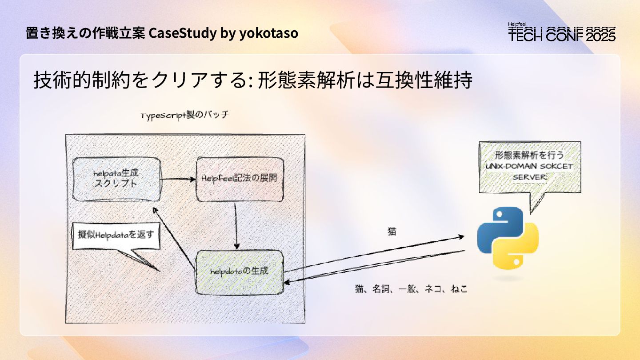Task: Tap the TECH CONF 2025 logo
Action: click(562, 32)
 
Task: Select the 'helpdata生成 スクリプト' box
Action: click(116, 178)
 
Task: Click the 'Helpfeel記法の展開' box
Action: click(240, 178)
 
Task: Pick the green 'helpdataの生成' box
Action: click(240, 271)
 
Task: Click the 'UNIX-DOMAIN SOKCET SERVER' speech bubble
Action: click(529, 167)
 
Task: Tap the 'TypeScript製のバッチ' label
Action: click(185, 116)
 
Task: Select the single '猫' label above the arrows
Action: click(392, 231)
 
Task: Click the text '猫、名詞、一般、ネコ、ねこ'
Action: click(411, 289)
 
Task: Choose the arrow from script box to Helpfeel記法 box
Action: click(178, 179)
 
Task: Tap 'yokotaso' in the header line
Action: click(269, 33)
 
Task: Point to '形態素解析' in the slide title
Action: click(302, 80)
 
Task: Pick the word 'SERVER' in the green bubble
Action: click(529, 176)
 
